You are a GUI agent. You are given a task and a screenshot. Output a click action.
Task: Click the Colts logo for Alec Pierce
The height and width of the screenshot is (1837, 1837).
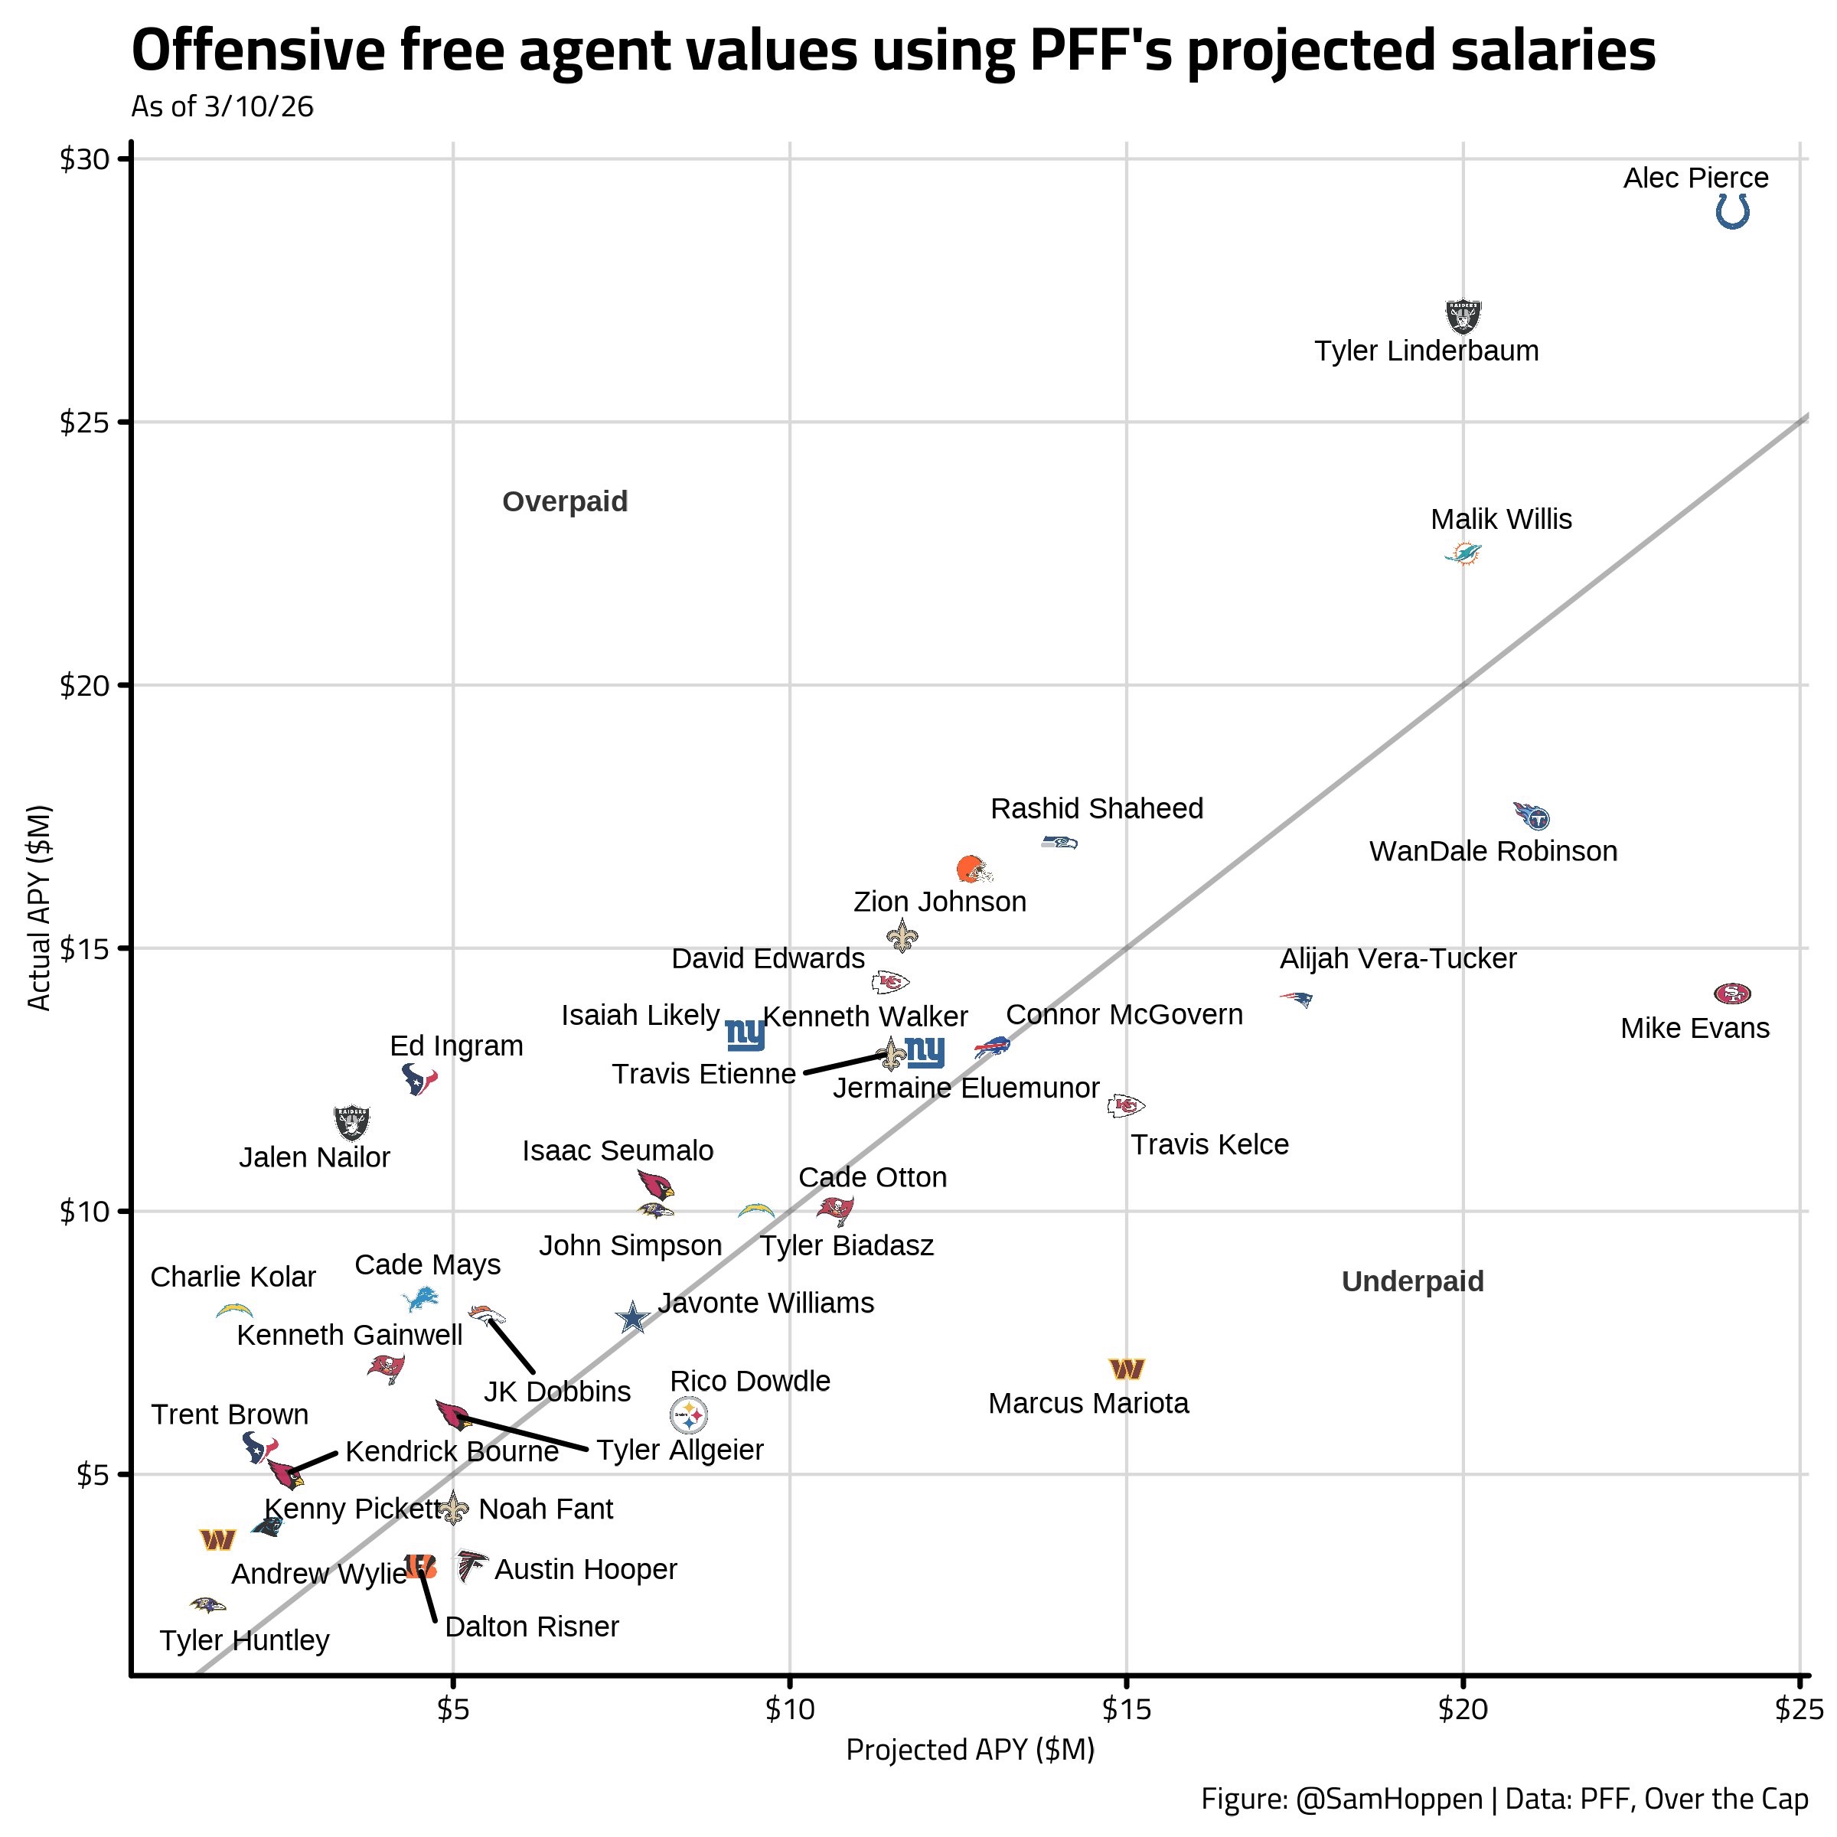click(x=1732, y=211)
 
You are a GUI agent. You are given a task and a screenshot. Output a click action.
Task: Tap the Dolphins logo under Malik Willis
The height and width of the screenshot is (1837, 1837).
click(x=1463, y=553)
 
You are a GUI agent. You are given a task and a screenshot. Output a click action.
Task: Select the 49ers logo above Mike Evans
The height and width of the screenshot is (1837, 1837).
click(x=1731, y=994)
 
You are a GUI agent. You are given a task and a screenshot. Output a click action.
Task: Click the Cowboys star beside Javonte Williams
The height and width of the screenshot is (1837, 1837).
click(x=632, y=1318)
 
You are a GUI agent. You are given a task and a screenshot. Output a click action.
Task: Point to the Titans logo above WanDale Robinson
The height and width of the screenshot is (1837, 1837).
click(x=1531, y=816)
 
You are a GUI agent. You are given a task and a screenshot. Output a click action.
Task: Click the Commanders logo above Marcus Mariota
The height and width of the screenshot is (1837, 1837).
click(x=1127, y=1369)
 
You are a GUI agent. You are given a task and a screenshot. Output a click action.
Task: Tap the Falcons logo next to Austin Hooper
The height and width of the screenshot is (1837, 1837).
click(x=470, y=1566)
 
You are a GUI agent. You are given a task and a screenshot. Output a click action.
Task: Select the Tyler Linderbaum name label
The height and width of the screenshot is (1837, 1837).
click(x=1426, y=351)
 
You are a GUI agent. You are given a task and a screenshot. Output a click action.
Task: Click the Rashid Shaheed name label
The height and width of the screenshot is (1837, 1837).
click(x=1096, y=808)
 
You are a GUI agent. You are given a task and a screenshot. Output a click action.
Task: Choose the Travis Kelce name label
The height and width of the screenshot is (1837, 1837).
click(x=1209, y=1145)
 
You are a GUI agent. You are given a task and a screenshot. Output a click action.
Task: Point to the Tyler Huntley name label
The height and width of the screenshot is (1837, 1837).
click(x=244, y=1641)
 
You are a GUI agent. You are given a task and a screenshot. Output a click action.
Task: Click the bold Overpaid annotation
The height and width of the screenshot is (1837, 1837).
click(x=565, y=501)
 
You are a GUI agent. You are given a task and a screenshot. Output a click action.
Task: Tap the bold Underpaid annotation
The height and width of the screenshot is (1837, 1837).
click(x=1412, y=1282)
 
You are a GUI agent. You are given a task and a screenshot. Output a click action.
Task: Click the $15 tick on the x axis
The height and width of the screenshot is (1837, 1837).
click(x=1126, y=1711)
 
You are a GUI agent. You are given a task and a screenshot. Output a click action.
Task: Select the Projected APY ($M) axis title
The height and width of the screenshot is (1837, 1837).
click(x=970, y=1751)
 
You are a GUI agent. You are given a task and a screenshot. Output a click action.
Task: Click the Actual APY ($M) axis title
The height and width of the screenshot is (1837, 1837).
click(x=39, y=908)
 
